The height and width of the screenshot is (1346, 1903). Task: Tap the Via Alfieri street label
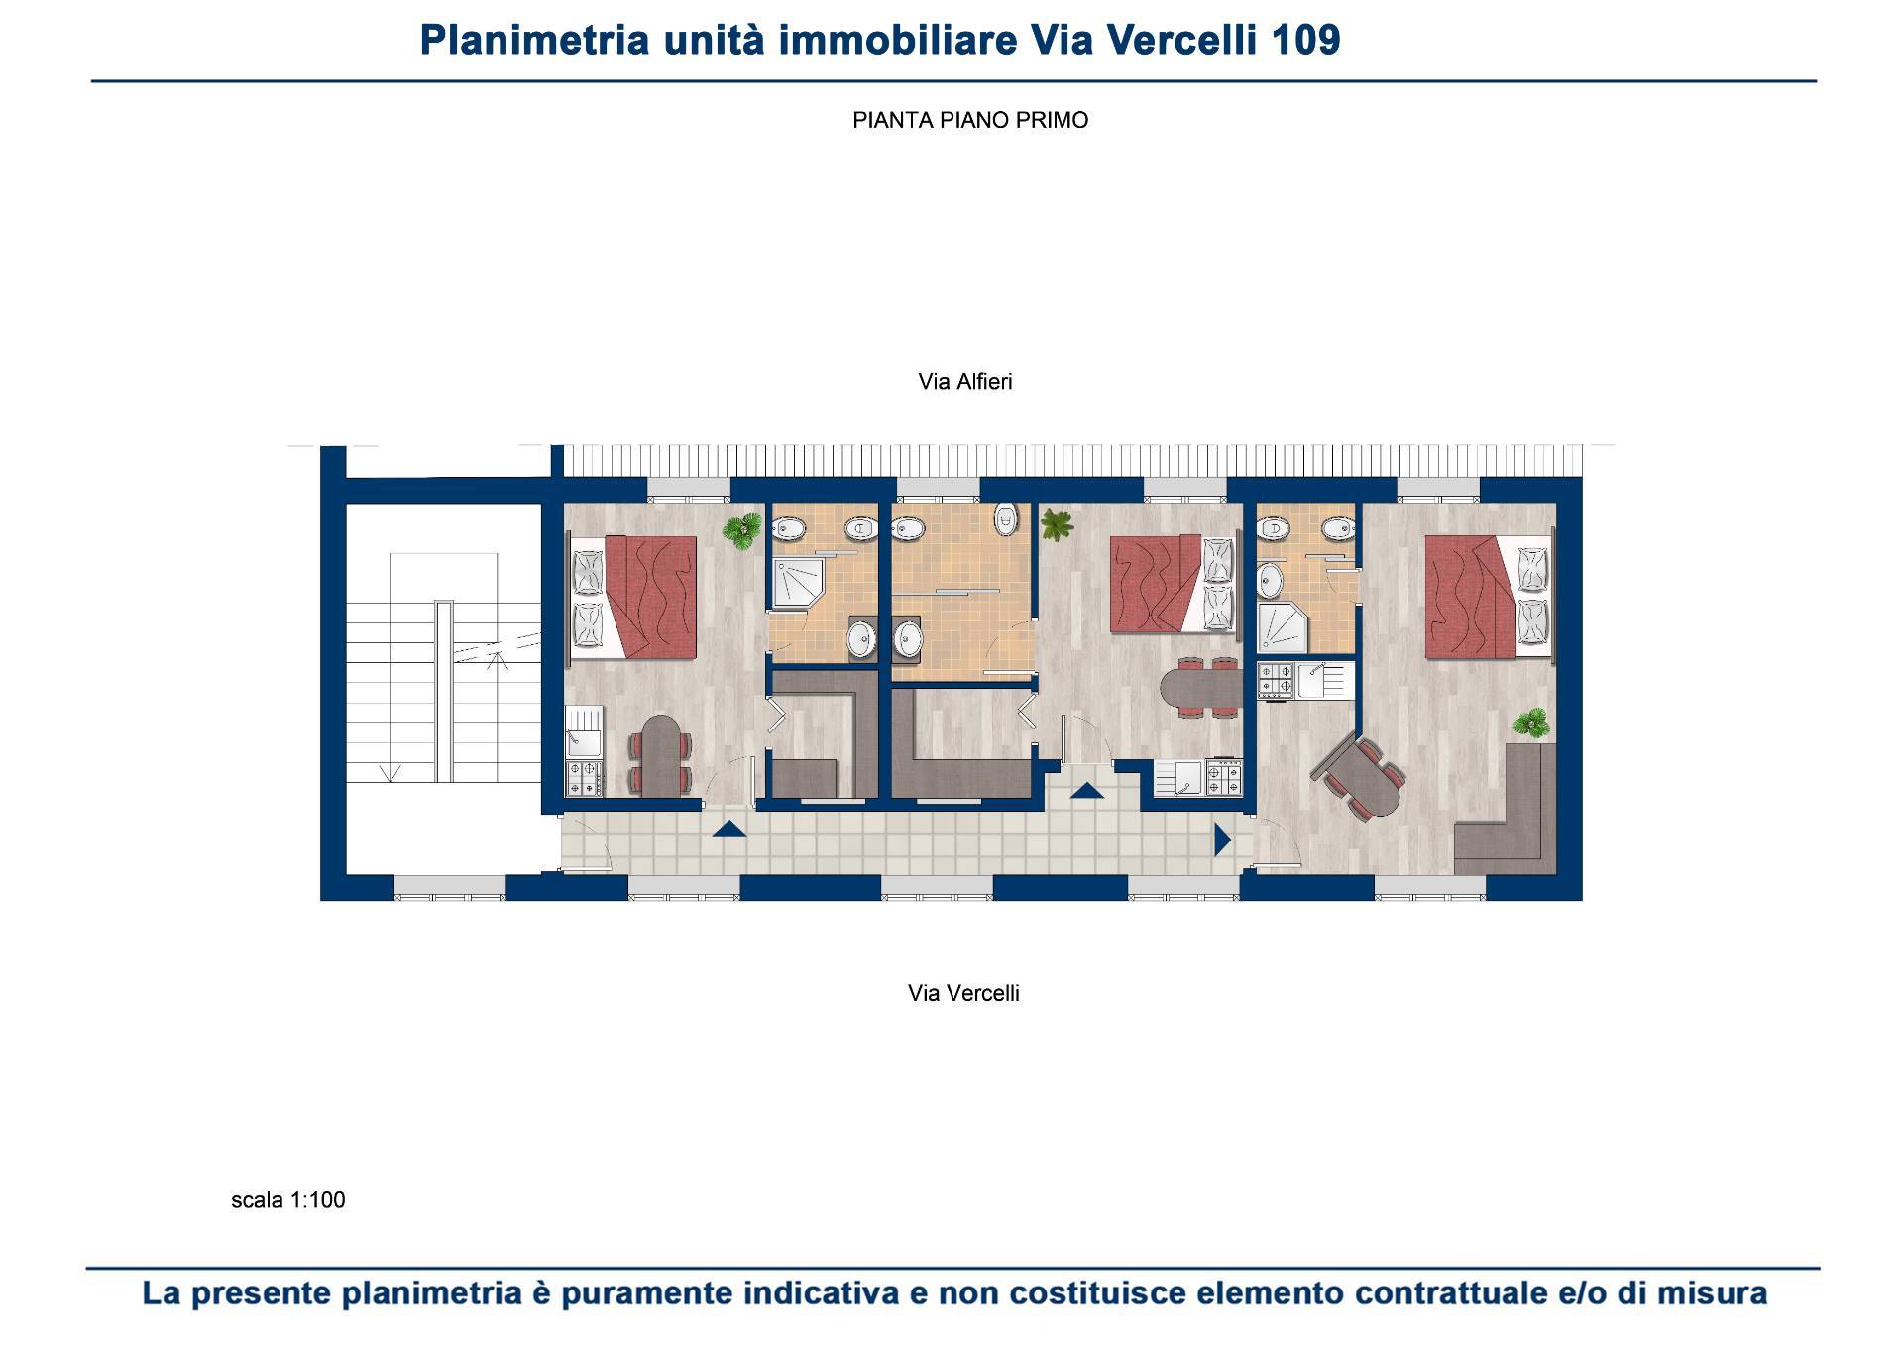[x=965, y=382]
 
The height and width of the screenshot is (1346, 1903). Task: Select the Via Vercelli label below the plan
[x=963, y=993]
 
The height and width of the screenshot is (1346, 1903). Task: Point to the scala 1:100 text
[x=288, y=1200]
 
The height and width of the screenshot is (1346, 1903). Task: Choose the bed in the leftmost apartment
[x=634, y=598]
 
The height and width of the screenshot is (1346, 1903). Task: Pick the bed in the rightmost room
[x=1488, y=598]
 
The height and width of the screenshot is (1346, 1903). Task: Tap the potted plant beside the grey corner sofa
[x=1533, y=723]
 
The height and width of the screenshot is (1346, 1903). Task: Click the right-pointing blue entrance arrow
[x=1222, y=841]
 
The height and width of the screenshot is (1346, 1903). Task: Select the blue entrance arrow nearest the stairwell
[x=728, y=830]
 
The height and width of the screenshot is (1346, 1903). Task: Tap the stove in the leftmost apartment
[x=584, y=778]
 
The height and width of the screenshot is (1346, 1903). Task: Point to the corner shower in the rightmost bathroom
[x=1283, y=626]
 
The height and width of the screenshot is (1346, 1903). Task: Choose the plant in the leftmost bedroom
[x=741, y=530]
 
